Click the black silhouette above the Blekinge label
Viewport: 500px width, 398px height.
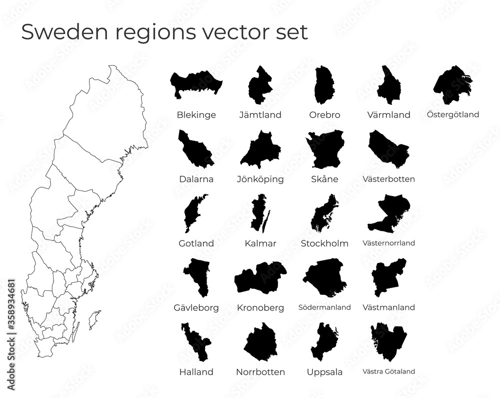click(196, 83)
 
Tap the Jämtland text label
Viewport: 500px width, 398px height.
click(260, 115)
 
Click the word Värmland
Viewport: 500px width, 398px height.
click(388, 115)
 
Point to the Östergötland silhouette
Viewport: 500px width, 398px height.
click(451, 84)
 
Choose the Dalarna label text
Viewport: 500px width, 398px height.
click(196, 179)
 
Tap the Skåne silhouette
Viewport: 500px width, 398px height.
click(325, 149)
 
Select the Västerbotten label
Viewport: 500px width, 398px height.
click(388, 179)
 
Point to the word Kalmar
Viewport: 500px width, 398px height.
click(260, 243)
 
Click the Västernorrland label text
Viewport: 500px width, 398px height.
click(388, 243)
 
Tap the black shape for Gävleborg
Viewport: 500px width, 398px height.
click(196, 276)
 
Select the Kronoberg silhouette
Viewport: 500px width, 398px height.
click(260, 278)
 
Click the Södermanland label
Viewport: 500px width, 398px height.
click(324, 307)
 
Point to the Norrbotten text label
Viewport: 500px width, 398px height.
click(260, 372)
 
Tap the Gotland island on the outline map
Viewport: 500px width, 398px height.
click(93, 317)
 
